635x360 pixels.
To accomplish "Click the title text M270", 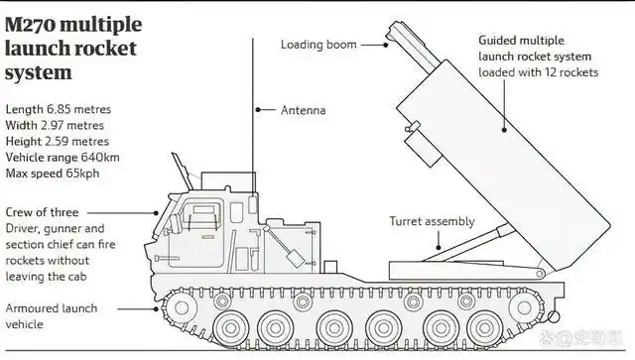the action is pyautogui.click(x=31, y=25).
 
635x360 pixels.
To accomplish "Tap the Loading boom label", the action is pyautogui.click(x=318, y=45).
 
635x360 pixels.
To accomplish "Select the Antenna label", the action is pyautogui.click(x=304, y=110).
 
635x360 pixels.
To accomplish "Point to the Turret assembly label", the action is pyautogui.click(x=432, y=221).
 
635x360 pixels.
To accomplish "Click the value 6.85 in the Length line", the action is pyautogui.click(x=59, y=109).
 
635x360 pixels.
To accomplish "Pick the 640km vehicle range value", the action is pyautogui.click(x=100, y=157).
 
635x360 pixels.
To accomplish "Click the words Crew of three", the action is pyautogui.click(x=42, y=212).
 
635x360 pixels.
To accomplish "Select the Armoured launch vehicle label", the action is pyautogui.click(x=52, y=316).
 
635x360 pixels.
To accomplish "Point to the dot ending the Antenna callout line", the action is pyautogui.click(x=258, y=110).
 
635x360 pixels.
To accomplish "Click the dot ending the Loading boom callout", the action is pyautogui.click(x=386, y=45).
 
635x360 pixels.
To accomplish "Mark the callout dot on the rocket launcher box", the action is pyautogui.click(x=504, y=130).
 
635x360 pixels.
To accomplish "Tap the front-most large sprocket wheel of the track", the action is pyautogui.click(x=181, y=307).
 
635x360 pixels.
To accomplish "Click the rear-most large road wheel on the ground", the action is pyautogui.click(x=484, y=327).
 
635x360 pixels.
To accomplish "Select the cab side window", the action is pyautogui.click(x=201, y=215).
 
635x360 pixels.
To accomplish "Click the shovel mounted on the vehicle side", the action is pyautogui.click(x=287, y=247).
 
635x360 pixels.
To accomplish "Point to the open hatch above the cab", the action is pyautogui.click(x=182, y=171).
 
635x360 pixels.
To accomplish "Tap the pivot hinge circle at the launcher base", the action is pyautogui.click(x=540, y=274).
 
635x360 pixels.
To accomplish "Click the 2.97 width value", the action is pyautogui.click(x=55, y=126).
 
